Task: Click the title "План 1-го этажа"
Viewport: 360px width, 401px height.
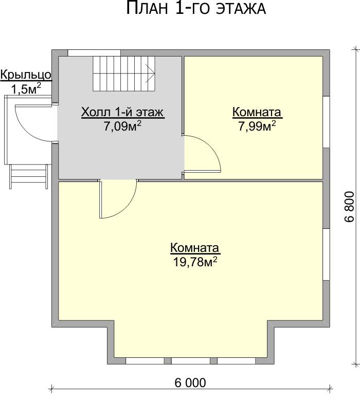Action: click(x=196, y=8)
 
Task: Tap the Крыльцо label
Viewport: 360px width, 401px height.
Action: click(x=26, y=75)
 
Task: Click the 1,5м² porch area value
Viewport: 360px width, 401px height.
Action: click(x=26, y=89)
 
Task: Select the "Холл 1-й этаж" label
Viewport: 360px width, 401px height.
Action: click(x=122, y=112)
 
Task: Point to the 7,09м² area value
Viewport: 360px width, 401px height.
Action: click(x=122, y=125)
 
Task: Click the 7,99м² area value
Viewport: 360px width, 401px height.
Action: click(x=257, y=125)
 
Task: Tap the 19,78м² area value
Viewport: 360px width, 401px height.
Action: click(x=195, y=261)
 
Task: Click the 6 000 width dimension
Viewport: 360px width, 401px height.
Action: click(x=190, y=383)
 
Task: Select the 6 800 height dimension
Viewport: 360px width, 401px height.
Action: click(x=350, y=207)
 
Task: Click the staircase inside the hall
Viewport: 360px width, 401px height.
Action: click(x=124, y=74)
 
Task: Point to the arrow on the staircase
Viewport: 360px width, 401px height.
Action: click(x=150, y=74)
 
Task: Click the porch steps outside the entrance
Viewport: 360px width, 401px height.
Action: click(x=29, y=176)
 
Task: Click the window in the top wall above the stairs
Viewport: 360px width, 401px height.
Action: click(x=94, y=53)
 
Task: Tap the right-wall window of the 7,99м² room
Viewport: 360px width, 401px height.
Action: click(x=326, y=122)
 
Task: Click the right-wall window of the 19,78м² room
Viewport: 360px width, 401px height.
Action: click(x=326, y=254)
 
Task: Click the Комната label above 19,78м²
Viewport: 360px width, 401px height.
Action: click(x=195, y=248)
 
